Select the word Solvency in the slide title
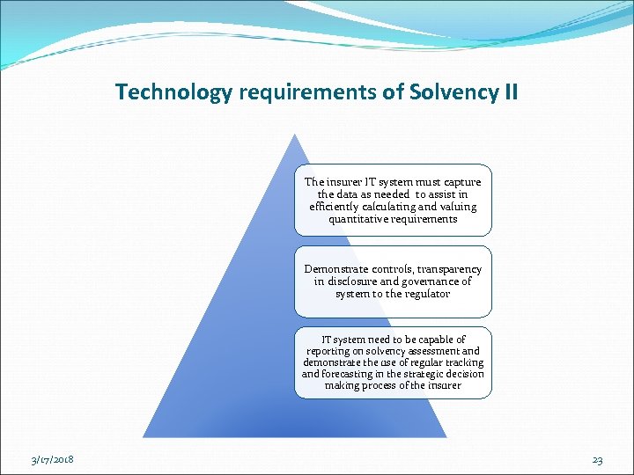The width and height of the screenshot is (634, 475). [449, 91]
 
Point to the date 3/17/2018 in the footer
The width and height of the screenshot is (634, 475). [53, 460]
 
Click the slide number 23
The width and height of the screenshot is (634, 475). [597, 460]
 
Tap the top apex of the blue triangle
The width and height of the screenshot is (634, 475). [294, 135]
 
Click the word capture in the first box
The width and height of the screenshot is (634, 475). [460, 182]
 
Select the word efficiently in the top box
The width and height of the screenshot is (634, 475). [339, 207]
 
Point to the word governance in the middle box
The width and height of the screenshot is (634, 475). [435, 281]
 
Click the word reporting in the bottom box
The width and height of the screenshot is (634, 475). [328, 351]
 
